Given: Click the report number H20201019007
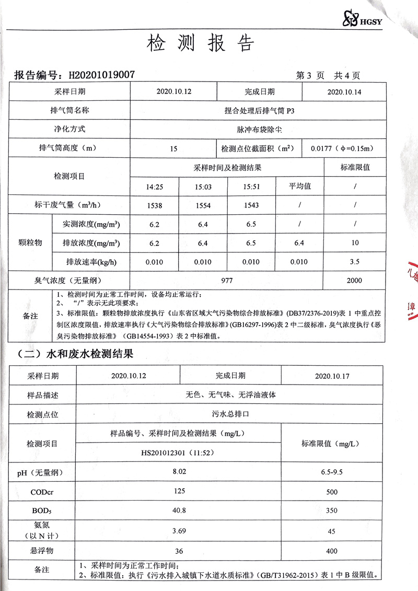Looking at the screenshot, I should (x=102, y=75).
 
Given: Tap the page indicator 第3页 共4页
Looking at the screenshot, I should (x=328, y=75).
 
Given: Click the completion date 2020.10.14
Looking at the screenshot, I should (x=344, y=91).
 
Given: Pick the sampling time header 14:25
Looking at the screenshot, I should (x=155, y=187).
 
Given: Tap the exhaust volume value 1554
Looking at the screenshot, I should (x=203, y=205).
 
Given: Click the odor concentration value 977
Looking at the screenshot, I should (x=226, y=281).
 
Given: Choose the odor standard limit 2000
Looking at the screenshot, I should (x=354, y=281).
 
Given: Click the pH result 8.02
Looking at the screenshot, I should (x=179, y=472).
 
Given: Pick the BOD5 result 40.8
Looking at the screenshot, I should (x=179, y=510).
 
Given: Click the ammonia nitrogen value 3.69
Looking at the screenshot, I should (x=179, y=531).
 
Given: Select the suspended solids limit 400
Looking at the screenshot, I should (x=331, y=551).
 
